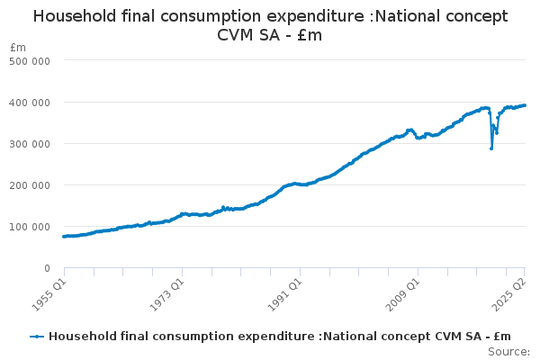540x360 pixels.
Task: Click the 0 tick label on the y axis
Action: pyautogui.click(x=45, y=268)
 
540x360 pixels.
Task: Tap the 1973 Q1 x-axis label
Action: pyautogui.click(x=166, y=290)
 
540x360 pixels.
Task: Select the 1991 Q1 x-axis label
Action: pyautogui.click(x=284, y=290)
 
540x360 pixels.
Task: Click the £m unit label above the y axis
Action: pyautogui.click(x=18, y=47)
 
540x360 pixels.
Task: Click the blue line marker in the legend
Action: pyautogui.click(x=37, y=337)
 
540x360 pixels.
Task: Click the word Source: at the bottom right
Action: pyautogui.click(x=509, y=352)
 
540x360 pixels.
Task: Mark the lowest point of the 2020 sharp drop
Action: pyautogui.click(x=490, y=148)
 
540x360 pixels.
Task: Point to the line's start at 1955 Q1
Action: pyautogui.click(x=64, y=237)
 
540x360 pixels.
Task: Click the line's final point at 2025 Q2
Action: pyautogui.click(x=526, y=105)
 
